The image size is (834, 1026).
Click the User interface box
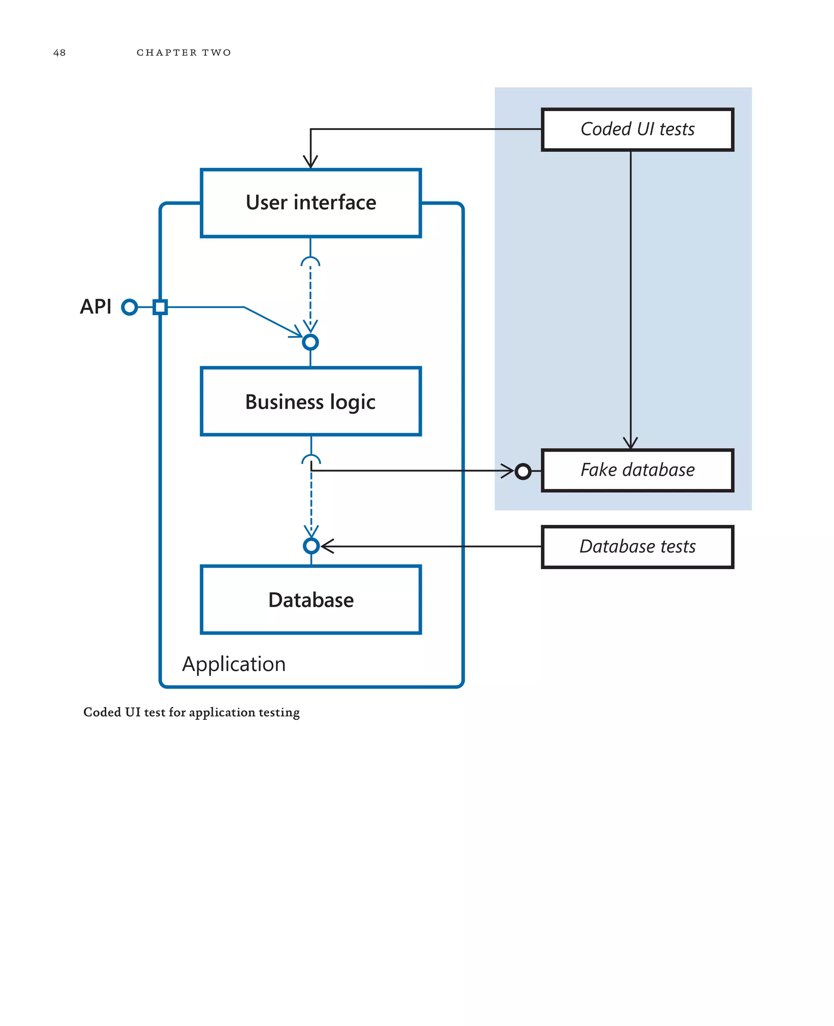tap(310, 203)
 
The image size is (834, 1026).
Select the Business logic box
tap(310, 401)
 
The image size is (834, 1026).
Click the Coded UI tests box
tap(637, 129)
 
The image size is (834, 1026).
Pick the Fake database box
tap(637, 470)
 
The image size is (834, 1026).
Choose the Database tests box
tap(637, 547)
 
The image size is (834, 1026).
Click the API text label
tap(96, 307)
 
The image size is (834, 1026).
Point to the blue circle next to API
tap(129, 307)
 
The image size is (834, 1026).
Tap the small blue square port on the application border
tap(160, 307)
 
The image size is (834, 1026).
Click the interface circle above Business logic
tap(310, 342)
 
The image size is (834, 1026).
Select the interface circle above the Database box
tap(311, 546)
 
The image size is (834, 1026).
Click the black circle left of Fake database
tap(523, 471)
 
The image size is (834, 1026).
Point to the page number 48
tap(59, 53)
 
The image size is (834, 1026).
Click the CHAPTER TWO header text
tap(184, 53)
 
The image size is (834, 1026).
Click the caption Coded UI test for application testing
tap(191, 712)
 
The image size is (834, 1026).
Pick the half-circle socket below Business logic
tap(311, 459)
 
